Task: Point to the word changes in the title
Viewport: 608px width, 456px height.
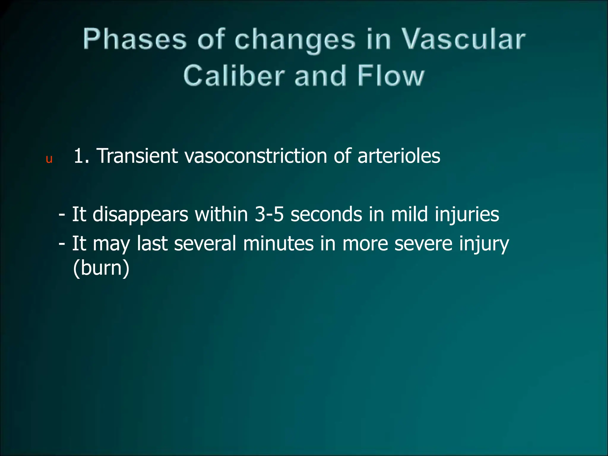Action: pyautogui.click(x=295, y=40)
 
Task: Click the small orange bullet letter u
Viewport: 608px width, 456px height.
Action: pyautogui.click(x=49, y=159)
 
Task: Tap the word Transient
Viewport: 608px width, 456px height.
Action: pyautogui.click(x=137, y=156)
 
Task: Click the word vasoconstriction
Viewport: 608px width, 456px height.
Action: pyautogui.click(x=256, y=156)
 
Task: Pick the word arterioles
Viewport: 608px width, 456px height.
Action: pyautogui.click(x=399, y=156)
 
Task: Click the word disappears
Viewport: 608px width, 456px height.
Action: pyautogui.click(x=140, y=214)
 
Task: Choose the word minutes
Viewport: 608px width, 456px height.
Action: pyautogui.click(x=278, y=243)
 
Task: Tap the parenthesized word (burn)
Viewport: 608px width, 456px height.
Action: pyautogui.click(x=101, y=268)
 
